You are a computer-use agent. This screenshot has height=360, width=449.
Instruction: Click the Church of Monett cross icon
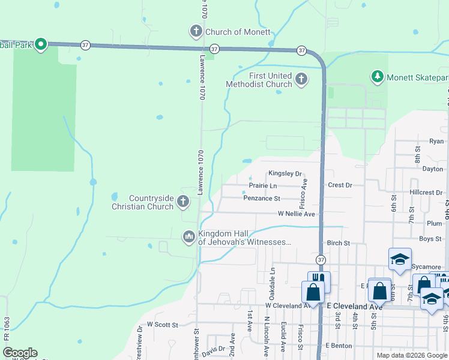pos(196,31)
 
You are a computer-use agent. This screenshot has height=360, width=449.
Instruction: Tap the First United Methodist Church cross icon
pos(301,79)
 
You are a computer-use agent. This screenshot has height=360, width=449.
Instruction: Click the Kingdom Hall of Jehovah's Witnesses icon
pos(189,238)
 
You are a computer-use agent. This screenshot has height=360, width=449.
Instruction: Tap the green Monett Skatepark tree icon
pos(377,76)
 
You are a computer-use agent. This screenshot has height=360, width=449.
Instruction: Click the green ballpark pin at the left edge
pos(41,44)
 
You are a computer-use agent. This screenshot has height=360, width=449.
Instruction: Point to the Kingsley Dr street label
pos(285,173)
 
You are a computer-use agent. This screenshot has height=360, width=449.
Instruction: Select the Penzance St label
pos(262,198)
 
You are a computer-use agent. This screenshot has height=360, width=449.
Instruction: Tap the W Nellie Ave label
pos(296,214)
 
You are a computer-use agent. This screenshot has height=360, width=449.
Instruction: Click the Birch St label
pos(338,244)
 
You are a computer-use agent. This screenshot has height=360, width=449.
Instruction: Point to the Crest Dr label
pos(340,185)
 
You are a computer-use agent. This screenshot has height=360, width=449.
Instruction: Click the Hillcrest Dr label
pos(426,193)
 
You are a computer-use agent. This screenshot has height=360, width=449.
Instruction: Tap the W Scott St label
pos(163,325)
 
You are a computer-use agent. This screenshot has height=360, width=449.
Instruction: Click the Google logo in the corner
pos(19,353)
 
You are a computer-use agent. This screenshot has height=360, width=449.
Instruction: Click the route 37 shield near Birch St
pos(321,260)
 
